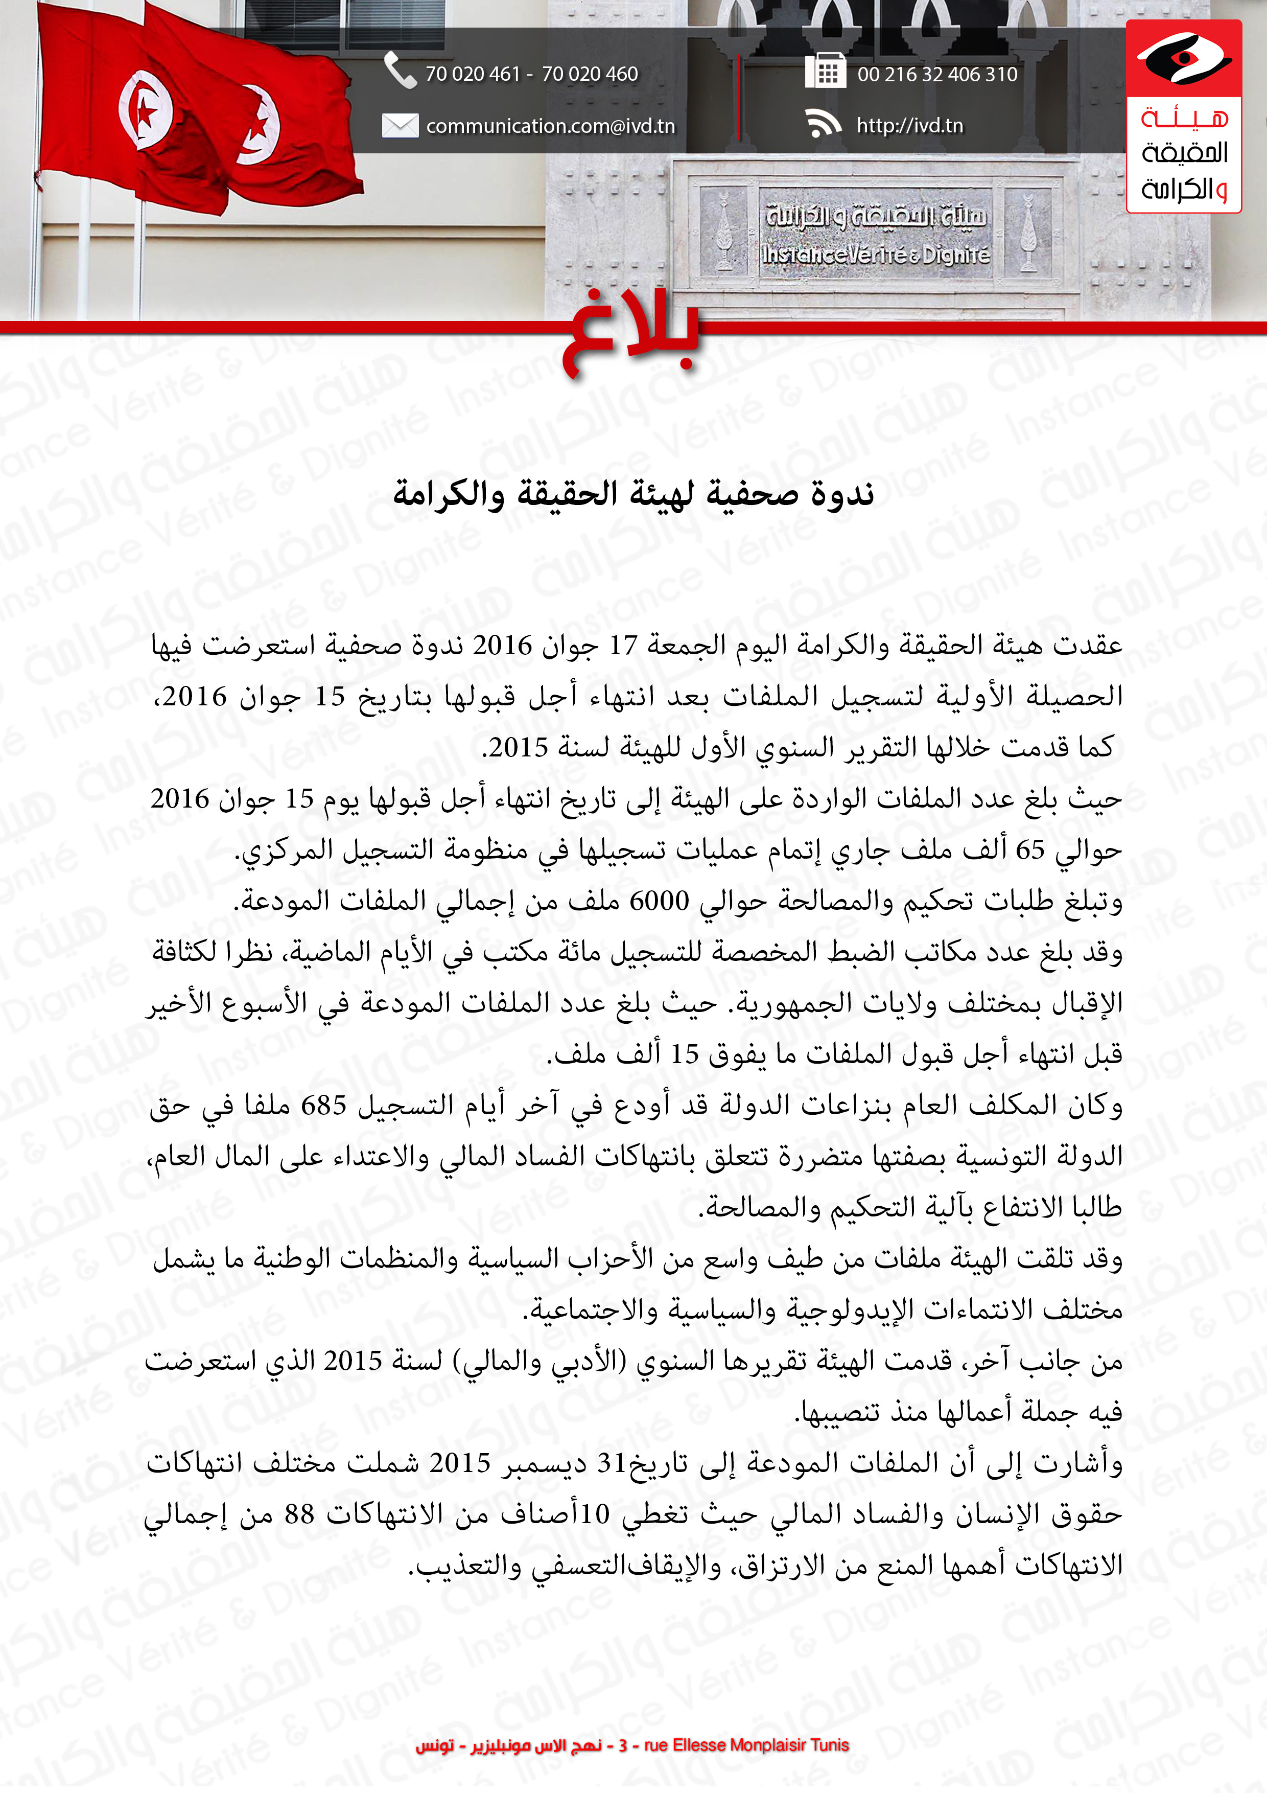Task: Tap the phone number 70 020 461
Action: [472, 74]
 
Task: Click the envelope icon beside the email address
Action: [400, 125]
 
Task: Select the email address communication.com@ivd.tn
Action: [550, 126]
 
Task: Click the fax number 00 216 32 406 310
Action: [937, 74]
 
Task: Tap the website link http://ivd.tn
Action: [909, 126]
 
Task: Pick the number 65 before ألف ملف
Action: [1030, 850]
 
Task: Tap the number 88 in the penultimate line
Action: [299, 1514]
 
